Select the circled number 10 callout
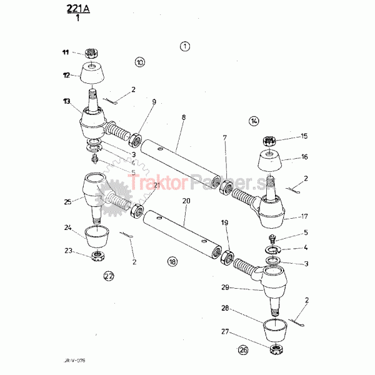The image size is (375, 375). [139, 62]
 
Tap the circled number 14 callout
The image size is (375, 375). [254, 121]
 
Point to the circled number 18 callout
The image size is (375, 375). [172, 261]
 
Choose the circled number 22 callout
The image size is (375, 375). [109, 275]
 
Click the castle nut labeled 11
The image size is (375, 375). [91, 54]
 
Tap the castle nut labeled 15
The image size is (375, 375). [270, 141]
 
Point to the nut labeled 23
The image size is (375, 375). [98, 256]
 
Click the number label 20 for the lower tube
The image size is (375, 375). [186, 201]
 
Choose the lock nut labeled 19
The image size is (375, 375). [227, 257]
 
